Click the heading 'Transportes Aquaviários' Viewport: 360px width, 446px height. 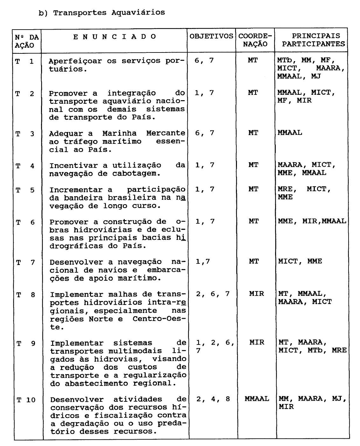point(109,13)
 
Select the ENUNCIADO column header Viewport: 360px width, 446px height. point(115,37)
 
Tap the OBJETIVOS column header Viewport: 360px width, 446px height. point(211,36)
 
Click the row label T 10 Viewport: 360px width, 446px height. point(26,400)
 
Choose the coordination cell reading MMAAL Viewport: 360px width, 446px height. point(257,399)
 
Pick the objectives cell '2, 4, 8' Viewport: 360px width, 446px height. point(213,399)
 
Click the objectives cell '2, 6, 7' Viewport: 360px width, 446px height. point(213,294)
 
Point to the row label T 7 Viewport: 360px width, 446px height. point(25,263)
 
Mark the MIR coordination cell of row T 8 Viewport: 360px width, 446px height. point(257,293)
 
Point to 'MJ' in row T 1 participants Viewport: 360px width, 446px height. point(316,76)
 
